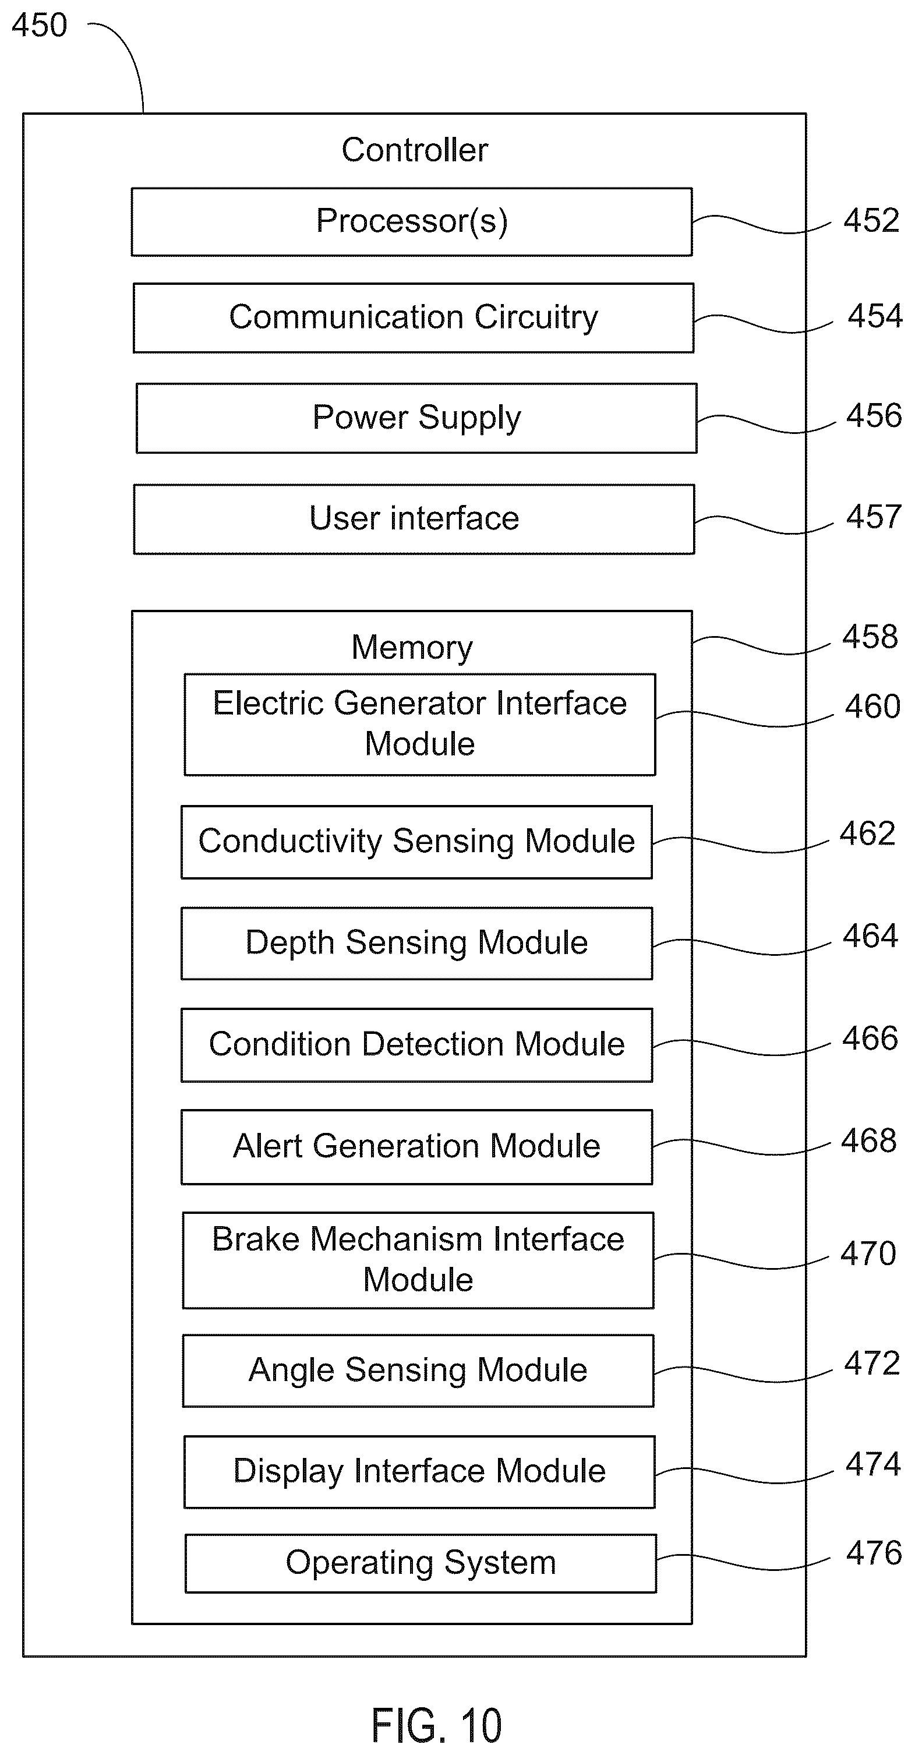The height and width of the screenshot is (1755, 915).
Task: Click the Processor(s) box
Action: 412,222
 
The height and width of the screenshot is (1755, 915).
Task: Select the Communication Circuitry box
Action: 414,318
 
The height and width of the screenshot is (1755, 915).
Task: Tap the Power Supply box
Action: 416,418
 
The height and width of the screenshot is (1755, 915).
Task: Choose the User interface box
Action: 414,519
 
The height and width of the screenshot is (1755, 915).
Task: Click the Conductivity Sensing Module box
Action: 416,842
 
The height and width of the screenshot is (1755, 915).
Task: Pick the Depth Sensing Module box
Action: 416,944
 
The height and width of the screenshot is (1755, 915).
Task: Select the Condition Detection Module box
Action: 416,1045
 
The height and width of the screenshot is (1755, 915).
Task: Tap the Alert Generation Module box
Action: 416,1147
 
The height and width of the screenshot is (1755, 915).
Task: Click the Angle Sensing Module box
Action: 418,1371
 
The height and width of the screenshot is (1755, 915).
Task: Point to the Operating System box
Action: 421,1563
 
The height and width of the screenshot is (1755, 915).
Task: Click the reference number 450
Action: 40,25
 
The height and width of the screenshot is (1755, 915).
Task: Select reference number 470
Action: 868,1253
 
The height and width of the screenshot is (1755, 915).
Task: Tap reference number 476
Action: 874,1553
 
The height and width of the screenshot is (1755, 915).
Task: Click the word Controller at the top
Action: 415,150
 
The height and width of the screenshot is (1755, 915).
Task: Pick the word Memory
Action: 412,647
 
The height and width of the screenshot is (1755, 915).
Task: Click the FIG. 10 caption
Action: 437,1725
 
